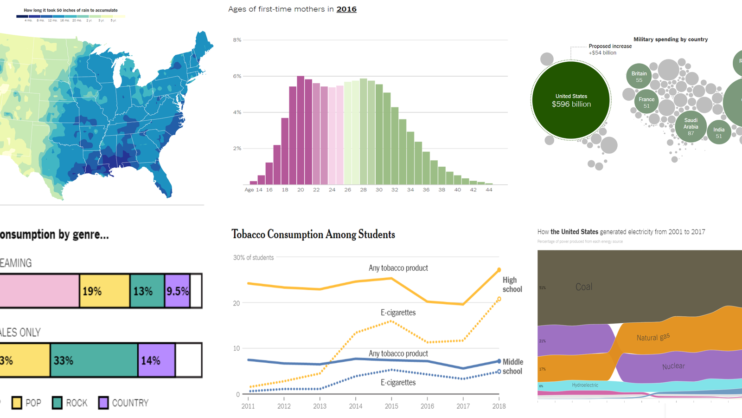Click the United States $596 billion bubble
(571, 100)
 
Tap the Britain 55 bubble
(639, 77)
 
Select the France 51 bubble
(646, 103)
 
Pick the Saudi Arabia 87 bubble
(691, 126)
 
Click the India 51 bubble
(719, 132)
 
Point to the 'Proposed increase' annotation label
(610, 46)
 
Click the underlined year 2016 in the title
(346, 9)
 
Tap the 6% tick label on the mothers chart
(237, 76)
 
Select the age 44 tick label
(489, 190)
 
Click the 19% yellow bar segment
(104, 291)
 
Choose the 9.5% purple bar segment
(177, 291)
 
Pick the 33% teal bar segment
(94, 360)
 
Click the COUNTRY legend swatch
(103, 403)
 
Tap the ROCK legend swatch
(58, 403)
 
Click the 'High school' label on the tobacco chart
(512, 285)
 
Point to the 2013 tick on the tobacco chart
(320, 406)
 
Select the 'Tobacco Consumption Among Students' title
(313, 235)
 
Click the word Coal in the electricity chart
(584, 287)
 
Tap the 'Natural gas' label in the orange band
(653, 337)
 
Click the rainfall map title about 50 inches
(70, 10)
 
